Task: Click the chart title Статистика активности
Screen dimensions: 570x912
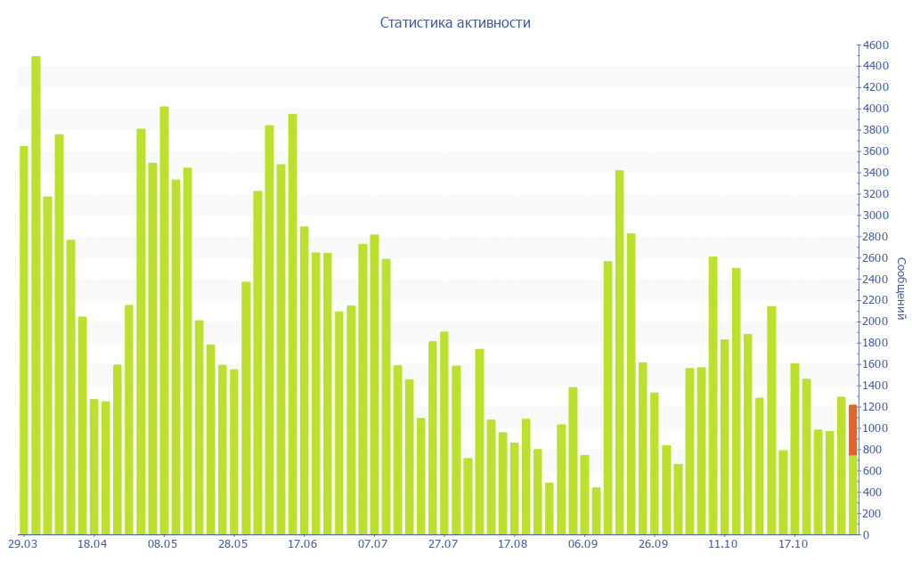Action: pyautogui.click(x=455, y=23)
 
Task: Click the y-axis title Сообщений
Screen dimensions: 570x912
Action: pyautogui.click(x=901, y=289)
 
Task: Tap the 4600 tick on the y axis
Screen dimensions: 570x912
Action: pyautogui.click(x=875, y=45)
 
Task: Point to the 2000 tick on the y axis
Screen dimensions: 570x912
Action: pyautogui.click(x=875, y=322)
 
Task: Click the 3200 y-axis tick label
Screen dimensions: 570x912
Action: pyautogui.click(x=875, y=194)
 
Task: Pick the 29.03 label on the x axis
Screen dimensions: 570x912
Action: pyautogui.click(x=22, y=544)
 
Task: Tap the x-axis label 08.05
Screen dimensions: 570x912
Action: pyautogui.click(x=163, y=544)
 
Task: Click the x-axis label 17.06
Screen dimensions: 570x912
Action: pyautogui.click(x=303, y=544)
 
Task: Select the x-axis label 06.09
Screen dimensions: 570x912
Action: pyautogui.click(x=582, y=544)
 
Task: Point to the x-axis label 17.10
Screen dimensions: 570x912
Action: pyautogui.click(x=794, y=544)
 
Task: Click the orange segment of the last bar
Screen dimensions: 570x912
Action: pyautogui.click(x=852, y=430)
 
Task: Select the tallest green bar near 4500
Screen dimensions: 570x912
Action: pyautogui.click(x=36, y=294)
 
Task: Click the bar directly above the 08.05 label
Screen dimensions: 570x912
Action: pyautogui.click(x=164, y=321)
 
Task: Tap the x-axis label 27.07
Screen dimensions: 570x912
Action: pyautogui.click(x=443, y=544)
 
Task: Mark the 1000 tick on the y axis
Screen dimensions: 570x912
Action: pyautogui.click(x=875, y=428)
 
